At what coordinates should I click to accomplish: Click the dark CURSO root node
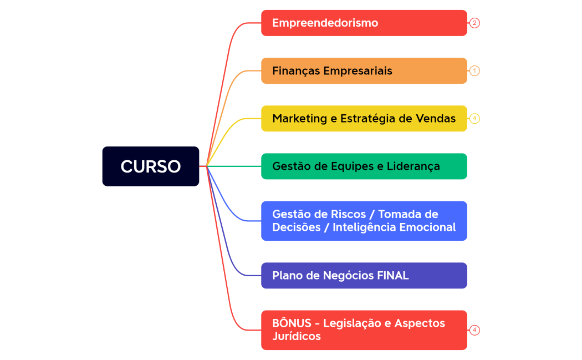150,166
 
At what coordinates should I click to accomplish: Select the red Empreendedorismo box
364,23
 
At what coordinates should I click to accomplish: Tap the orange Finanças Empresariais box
364,70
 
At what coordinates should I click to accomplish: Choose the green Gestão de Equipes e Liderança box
364,166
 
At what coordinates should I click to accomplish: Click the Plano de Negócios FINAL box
364,275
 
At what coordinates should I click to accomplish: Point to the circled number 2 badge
474,23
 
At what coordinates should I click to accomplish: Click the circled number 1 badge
474,70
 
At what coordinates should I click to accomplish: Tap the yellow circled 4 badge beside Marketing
474,118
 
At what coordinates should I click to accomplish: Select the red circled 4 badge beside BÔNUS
474,330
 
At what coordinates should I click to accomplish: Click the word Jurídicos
297,336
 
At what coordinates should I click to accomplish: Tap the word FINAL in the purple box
392,275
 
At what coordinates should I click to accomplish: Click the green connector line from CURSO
233,166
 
